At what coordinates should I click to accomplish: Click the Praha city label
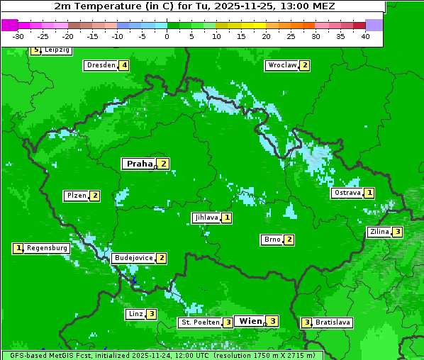(x=139, y=164)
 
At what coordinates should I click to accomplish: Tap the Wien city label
(x=250, y=321)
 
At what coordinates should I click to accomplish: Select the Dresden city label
(x=101, y=65)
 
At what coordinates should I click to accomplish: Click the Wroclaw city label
(x=281, y=65)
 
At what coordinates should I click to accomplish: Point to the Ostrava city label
(x=347, y=193)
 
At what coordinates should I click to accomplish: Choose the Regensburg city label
(x=48, y=248)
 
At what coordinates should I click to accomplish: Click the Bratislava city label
(x=333, y=322)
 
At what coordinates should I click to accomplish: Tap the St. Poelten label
(x=200, y=322)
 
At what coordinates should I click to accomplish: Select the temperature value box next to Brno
(x=289, y=240)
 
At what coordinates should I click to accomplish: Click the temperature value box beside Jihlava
(x=226, y=218)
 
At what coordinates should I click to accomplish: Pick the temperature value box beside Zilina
(x=398, y=232)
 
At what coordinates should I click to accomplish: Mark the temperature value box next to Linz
(x=151, y=314)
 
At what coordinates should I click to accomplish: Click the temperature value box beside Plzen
(x=94, y=196)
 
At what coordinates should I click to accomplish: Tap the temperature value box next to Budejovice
(x=162, y=258)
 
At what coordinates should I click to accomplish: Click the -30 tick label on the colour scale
(x=18, y=36)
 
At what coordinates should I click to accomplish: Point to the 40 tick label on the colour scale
(x=365, y=36)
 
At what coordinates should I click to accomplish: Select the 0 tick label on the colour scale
(x=167, y=36)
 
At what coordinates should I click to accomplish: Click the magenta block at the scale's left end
(x=9, y=25)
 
